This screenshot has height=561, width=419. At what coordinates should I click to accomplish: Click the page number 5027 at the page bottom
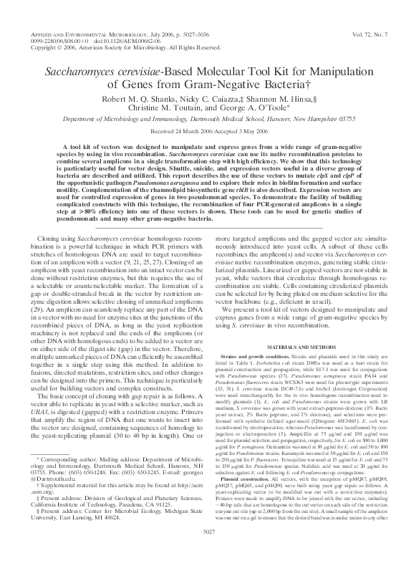(x=209, y=550)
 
